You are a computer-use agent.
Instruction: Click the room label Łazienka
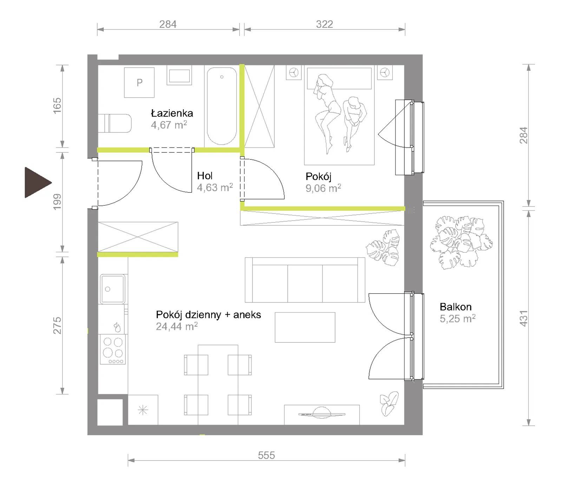point(172,113)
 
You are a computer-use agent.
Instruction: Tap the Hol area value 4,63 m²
point(215,188)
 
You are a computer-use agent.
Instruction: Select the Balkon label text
point(456,307)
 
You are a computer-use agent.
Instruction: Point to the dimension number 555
point(266,455)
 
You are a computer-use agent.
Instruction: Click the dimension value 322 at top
point(324,24)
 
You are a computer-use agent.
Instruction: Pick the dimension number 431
point(523,318)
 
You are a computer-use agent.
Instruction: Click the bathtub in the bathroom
point(222,106)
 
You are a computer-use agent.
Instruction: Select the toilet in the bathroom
point(115,123)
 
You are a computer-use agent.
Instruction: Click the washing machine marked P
point(139,83)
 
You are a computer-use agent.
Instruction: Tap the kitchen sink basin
point(113,289)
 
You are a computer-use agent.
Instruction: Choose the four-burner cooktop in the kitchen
point(113,349)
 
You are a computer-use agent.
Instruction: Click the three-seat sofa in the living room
point(305,280)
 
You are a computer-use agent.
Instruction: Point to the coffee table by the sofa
point(305,327)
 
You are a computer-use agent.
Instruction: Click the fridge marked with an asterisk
point(143,410)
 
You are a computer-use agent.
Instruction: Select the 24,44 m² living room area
point(177,326)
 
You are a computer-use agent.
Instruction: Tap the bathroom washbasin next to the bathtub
point(179,76)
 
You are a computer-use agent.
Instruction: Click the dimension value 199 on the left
point(57,202)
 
